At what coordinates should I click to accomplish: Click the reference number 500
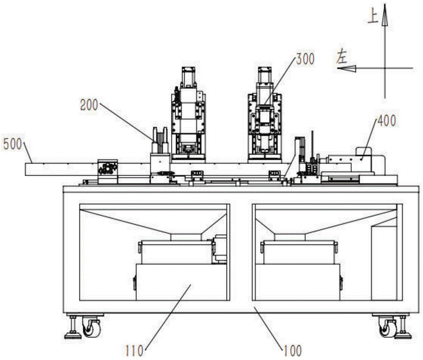[x=12, y=145]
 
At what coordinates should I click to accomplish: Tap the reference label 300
[x=305, y=59]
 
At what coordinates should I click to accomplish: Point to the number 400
[x=387, y=121]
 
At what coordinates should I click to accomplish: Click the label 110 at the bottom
[x=135, y=351]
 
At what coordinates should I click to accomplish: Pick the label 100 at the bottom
[x=292, y=351]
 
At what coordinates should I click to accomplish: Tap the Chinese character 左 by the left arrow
[x=341, y=57]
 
